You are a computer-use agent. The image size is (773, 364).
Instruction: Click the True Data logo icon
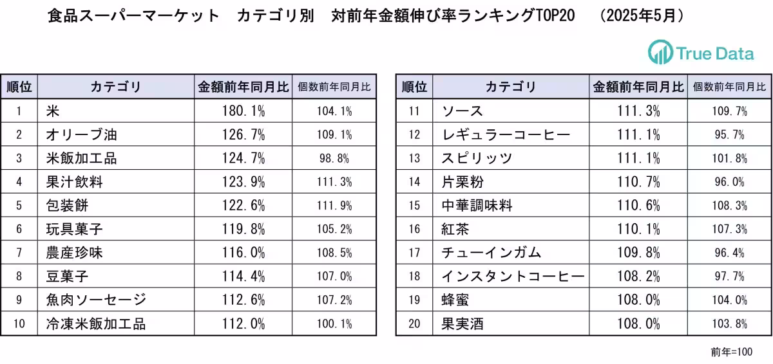(x=660, y=52)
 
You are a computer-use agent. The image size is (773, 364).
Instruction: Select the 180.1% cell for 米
(x=243, y=111)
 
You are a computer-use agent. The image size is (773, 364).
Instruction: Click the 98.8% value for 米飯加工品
(x=334, y=158)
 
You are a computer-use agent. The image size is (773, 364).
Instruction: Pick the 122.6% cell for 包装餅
(x=243, y=206)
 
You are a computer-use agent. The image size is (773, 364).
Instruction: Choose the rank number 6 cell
(x=19, y=230)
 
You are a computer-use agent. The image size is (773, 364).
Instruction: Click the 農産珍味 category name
(x=75, y=253)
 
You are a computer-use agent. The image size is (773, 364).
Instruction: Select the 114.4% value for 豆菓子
(x=243, y=277)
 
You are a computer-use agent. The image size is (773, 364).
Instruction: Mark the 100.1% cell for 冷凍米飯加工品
(x=334, y=323)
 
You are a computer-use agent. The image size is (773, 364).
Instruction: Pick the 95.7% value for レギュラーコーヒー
(x=729, y=135)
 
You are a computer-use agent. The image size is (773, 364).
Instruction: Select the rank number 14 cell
(x=414, y=182)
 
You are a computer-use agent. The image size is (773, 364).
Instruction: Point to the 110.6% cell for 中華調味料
(x=638, y=206)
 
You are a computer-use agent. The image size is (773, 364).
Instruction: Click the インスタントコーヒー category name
(x=513, y=277)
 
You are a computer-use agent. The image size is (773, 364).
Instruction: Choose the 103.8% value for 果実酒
(x=729, y=323)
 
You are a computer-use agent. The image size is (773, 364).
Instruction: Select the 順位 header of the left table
(x=19, y=87)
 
